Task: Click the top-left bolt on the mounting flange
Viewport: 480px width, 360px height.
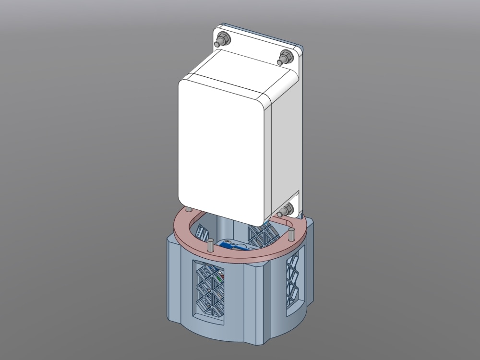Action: (222, 38)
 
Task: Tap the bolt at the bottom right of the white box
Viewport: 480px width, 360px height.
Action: (287, 209)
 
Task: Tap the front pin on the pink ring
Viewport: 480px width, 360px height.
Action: (210, 245)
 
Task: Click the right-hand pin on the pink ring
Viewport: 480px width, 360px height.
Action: (291, 235)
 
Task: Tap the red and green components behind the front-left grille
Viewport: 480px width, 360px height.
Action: (220, 278)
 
